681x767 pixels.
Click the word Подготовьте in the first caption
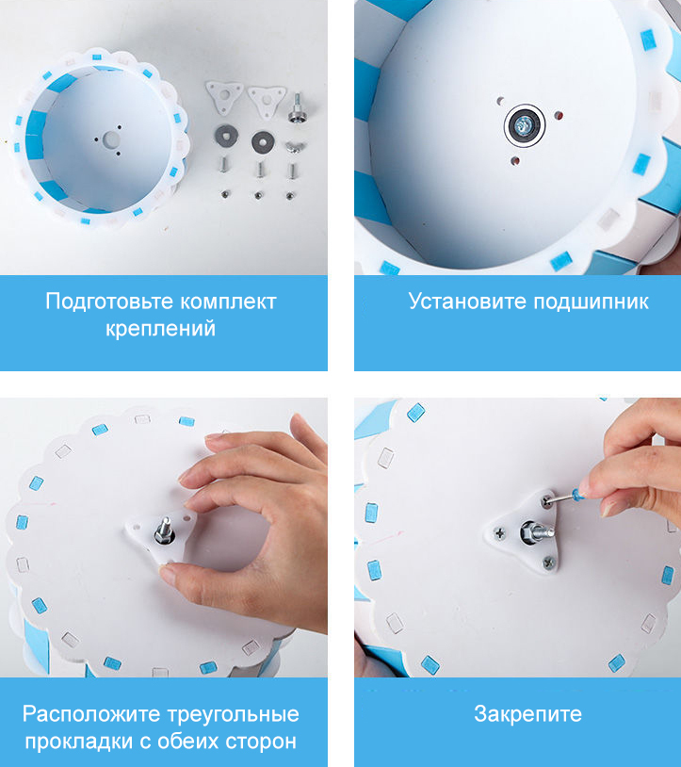(x=110, y=302)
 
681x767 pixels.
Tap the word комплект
(x=229, y=302)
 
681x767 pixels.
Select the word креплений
(x=161, y=329)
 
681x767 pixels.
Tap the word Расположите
(x=91, y=714)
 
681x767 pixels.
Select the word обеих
(x=188, y=742)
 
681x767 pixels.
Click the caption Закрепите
(x=528, y=714)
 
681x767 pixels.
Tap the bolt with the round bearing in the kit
(x=297, y=109)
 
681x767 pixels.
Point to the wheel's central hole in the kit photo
(x=111, y=139)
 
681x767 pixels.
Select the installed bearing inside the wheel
(x=525, y=125)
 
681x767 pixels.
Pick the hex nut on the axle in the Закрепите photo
(x=529, y=530)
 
